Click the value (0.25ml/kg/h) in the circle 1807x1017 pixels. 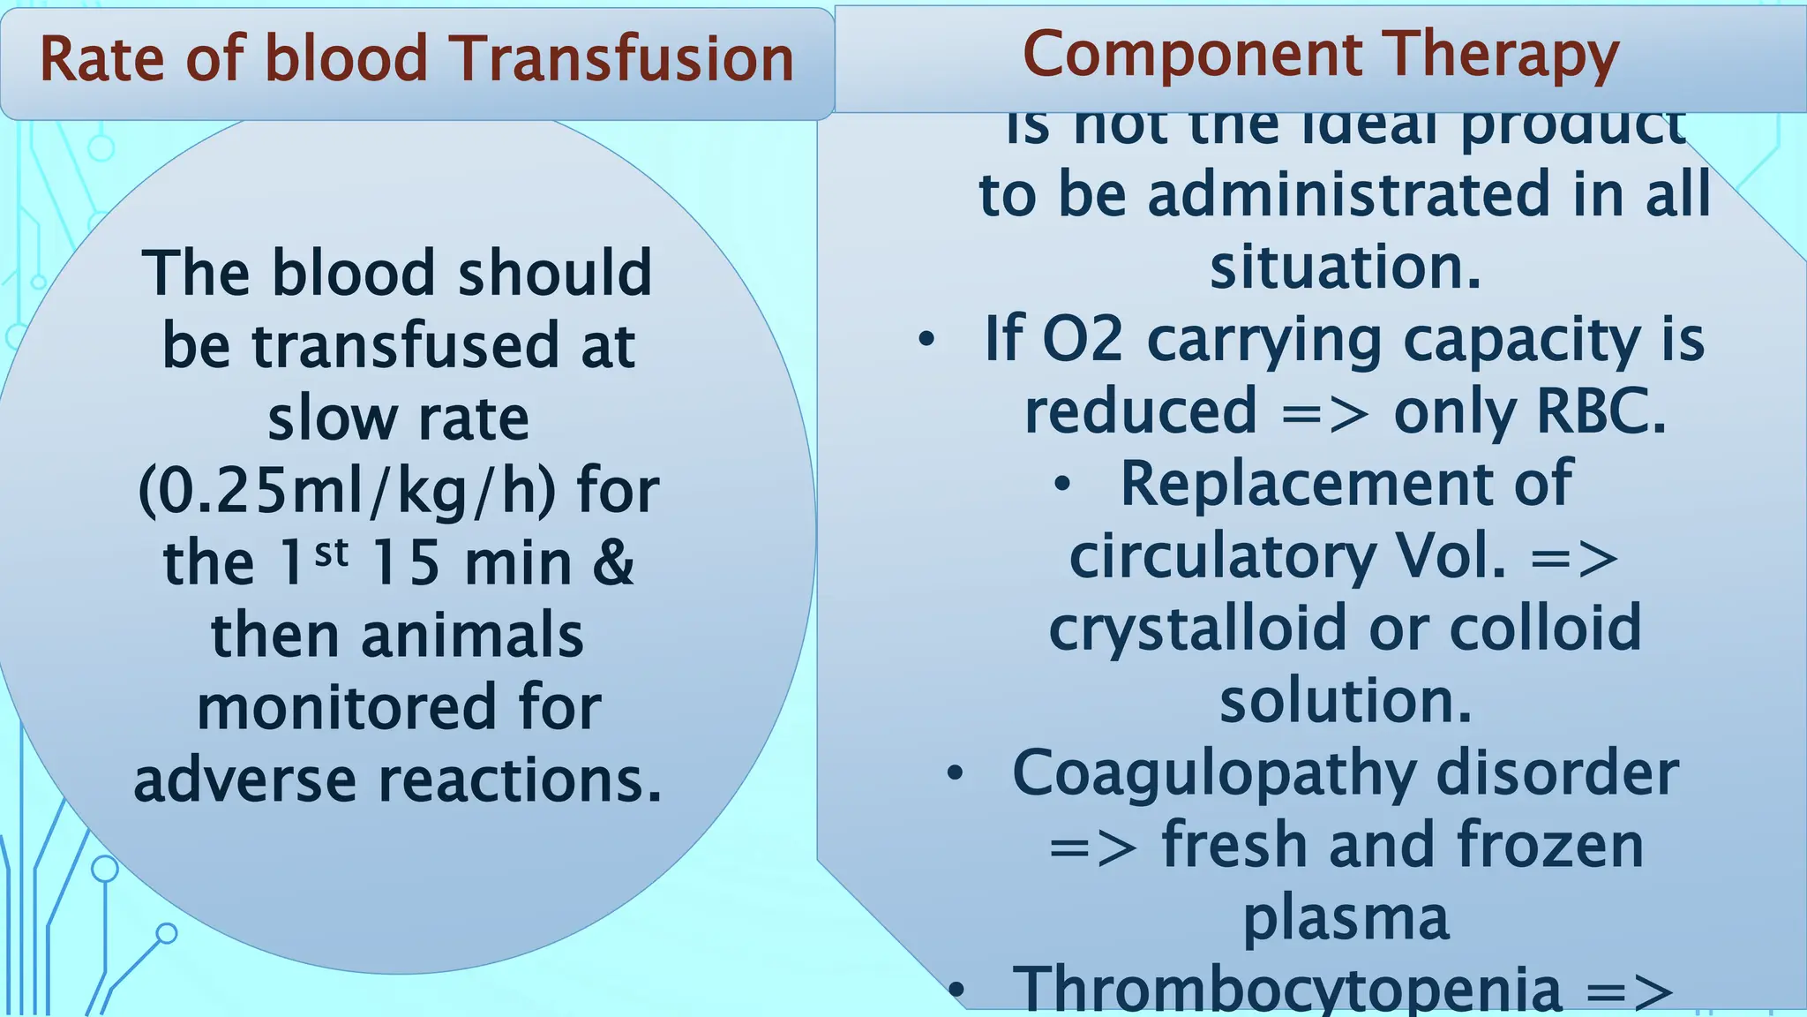coord(347,491)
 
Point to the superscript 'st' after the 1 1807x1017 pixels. coord(331,553)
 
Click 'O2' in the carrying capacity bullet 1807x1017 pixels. coord(1082,340)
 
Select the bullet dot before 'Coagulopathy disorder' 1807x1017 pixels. coord(955,773)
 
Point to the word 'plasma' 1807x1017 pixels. coord(1346,918)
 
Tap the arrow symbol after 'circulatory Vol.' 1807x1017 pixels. coord(1574,558)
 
